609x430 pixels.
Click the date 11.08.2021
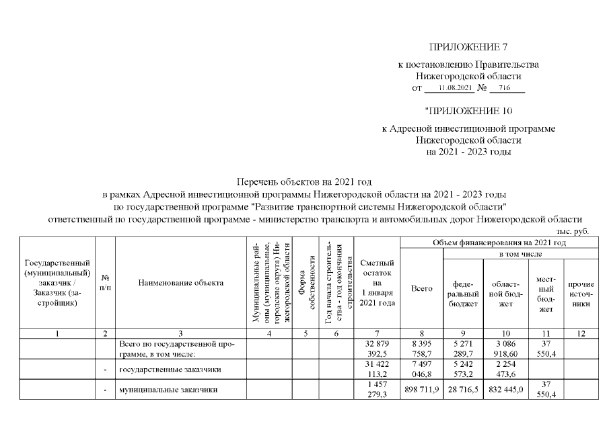click(x=456, y=88)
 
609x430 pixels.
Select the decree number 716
click(x=505, y=88)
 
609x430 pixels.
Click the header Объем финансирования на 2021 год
click(x=498, y=242)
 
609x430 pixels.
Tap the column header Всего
click(x=421, y=289)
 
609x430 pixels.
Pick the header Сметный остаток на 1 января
click(x=378, y=283)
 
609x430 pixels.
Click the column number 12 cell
click(x=580, y=333)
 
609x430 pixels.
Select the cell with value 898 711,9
click(x=421, y=389)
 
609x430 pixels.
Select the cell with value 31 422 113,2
click(x=378, y=370)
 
